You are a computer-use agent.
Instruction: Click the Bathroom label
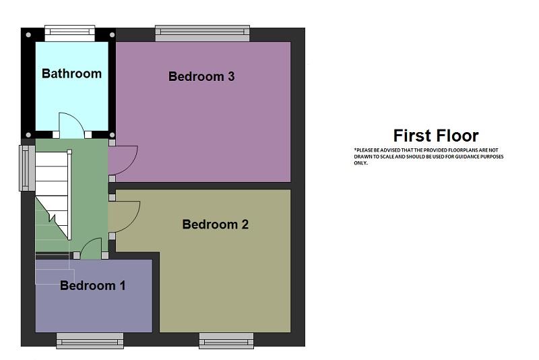coord(71,73)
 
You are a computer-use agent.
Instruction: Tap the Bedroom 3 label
coord(201,76)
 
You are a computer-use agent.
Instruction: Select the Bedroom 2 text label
coord(215,224)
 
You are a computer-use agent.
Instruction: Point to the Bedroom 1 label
coord(92,285)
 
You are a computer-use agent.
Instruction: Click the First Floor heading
coord(436,136)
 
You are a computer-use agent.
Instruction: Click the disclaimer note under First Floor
coord(429,156)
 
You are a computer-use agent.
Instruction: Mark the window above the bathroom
coord(70,33)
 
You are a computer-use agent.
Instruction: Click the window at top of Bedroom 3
coord(203,33)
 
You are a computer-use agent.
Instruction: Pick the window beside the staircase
coord(27,168)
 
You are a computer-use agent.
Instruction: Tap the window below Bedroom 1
coord(90,340)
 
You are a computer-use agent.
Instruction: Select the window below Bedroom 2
coord(226,340)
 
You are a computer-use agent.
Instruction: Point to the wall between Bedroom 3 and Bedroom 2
coord(203,185)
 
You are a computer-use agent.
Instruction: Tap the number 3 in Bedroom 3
coord(231,76)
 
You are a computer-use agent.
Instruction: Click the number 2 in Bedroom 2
coord(245,224)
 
